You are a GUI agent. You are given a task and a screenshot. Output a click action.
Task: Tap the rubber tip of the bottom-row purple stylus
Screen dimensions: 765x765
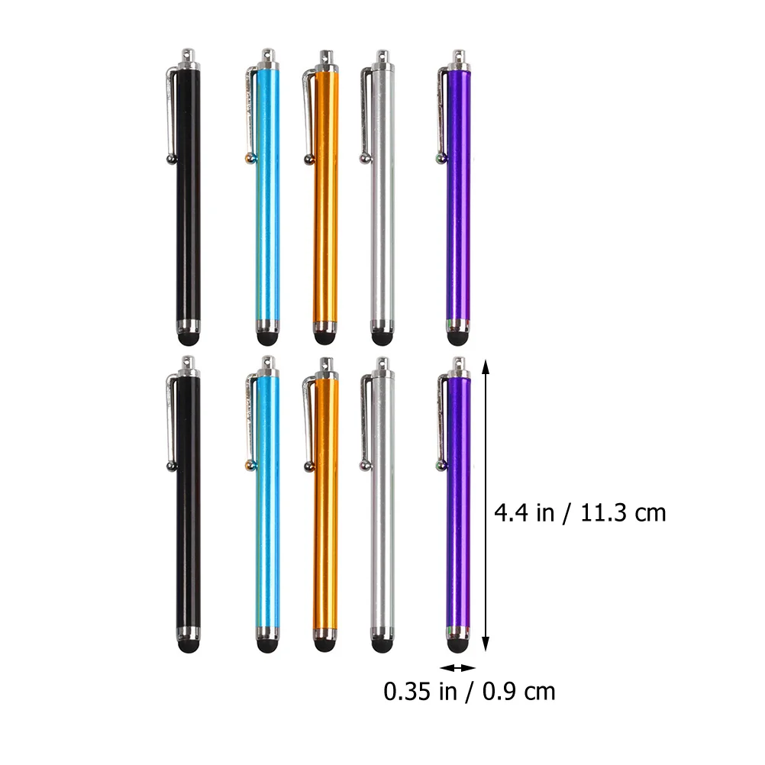tap(457, 645)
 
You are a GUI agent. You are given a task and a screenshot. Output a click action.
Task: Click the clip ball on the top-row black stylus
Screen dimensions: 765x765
tap(169, 159)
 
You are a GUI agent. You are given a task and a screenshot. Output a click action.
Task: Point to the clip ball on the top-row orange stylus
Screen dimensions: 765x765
tap(308, 160)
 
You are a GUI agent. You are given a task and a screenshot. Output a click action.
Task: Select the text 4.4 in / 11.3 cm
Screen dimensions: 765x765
tap(579, 512)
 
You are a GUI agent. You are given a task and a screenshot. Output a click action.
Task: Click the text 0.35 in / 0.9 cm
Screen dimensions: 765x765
tap(470, 692)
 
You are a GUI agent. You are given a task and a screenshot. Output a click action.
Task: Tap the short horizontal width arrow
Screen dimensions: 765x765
tap(457, 668)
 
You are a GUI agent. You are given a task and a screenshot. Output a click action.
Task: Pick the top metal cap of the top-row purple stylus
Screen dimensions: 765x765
tap(459, 60)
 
